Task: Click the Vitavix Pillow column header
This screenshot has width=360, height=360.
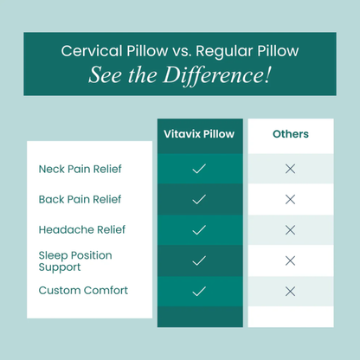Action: pos(199,134)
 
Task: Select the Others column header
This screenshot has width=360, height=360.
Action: pos(290,134)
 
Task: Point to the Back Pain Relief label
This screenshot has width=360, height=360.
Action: pos(80,199)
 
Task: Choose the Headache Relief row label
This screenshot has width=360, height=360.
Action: pos(82,229)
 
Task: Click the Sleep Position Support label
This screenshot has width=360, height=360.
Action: pos(75,260)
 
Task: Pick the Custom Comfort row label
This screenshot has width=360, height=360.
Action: pos(83,290)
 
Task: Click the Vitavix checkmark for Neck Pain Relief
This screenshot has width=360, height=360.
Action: pos(199,169)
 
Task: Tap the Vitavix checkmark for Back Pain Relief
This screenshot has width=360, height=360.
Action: pos(199,199)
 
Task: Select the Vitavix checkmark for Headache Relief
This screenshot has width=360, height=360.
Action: pos(199,229)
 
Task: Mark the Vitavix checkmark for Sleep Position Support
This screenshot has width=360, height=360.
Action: pos(199,260)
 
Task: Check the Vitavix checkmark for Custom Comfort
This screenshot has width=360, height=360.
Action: pos(199,290)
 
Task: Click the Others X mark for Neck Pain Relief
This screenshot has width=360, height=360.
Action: pos(290,169)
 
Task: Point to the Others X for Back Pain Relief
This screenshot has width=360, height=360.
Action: pos(290,199)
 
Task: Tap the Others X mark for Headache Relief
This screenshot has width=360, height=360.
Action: pos(290,229)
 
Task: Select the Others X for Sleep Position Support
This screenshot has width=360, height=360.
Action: pos(290,260)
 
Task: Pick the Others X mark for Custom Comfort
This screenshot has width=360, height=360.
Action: pos(290,290)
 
